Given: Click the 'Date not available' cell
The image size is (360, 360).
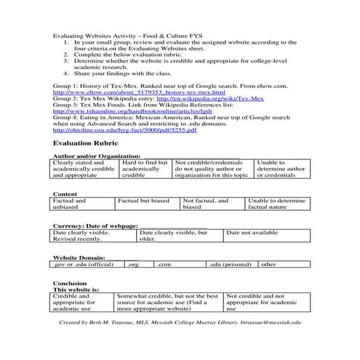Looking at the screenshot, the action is pyautogui.click(x=252, y=233).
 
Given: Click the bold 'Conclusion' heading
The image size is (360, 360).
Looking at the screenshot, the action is pyautogui.click(x=71, y=283).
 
